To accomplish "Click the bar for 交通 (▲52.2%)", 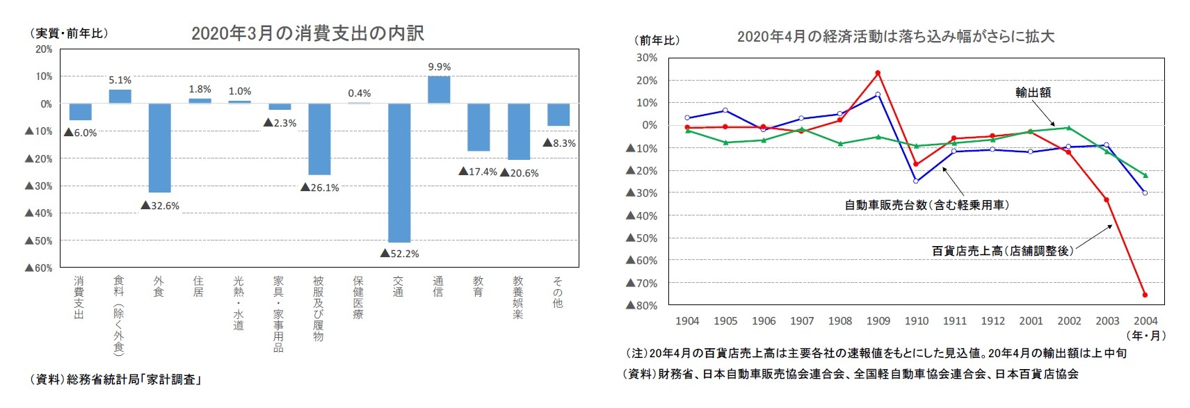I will tap(399, 172).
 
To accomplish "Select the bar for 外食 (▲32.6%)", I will tap(160, 147).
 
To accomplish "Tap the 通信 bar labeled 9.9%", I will tap(439, 90).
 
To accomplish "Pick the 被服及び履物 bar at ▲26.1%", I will tap(319, 139).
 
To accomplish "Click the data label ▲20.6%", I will tap(520, 172).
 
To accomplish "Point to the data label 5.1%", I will tap(120, 80).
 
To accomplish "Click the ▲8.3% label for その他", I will tap(559, 143).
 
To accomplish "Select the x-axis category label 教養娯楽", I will tap(518, 297).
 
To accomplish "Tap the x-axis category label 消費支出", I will tap(79, 297).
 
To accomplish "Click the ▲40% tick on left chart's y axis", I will tap(39, 213).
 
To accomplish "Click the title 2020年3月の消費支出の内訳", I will tap(307, 33).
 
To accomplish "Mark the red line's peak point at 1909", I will tap(878, 73).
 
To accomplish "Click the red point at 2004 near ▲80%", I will tap(1145, 295).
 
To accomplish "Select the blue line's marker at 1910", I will tap(916, 181).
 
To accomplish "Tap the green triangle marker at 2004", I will tap(1145, 175).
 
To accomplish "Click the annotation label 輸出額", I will tap(1033, 92).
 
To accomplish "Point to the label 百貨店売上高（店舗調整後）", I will tap(1002, 250).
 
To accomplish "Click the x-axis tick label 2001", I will tap(1031, 320).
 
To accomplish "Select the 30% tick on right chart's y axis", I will tap(647, 58).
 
